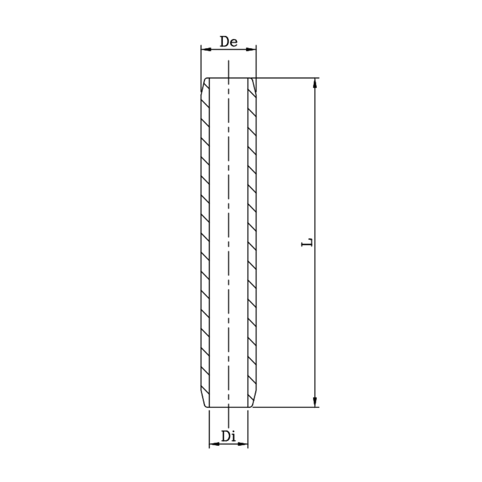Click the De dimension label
coord(229,42)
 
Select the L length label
coord(307,242)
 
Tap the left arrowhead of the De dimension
coord(204,50)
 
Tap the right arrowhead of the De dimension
coord(253,50)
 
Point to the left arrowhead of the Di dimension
coord(212,444)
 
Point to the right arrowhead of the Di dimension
coord(245,444)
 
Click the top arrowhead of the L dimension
coord(315,82)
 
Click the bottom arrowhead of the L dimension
coord(315,403)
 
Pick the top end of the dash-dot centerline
coord(229,61)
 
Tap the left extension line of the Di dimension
coord(209,428)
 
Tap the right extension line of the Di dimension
coord(248,428)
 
